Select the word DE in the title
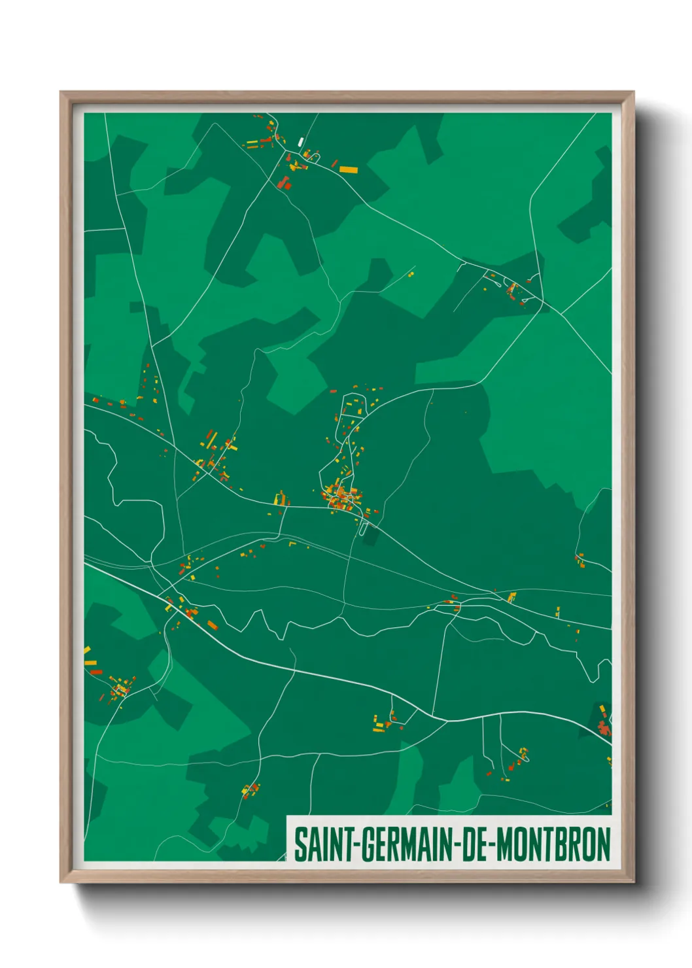click(476, 844)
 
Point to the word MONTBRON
click(553, 844)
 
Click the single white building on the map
click(301, 141)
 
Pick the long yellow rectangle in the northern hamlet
click(349, 170)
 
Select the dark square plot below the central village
click(371, 536)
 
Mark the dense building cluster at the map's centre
click(341, 497)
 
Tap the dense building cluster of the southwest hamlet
click(120, 688)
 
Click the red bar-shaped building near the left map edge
click(96, 672)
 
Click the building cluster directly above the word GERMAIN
click(384, 721)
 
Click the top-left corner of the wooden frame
click(61, 92)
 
